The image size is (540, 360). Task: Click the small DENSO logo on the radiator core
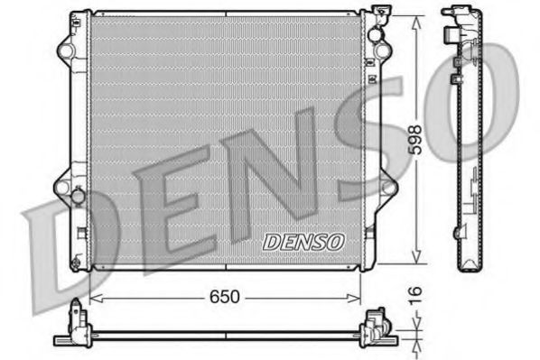[303, 241]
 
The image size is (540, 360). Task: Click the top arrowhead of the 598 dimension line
[415, 20]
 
